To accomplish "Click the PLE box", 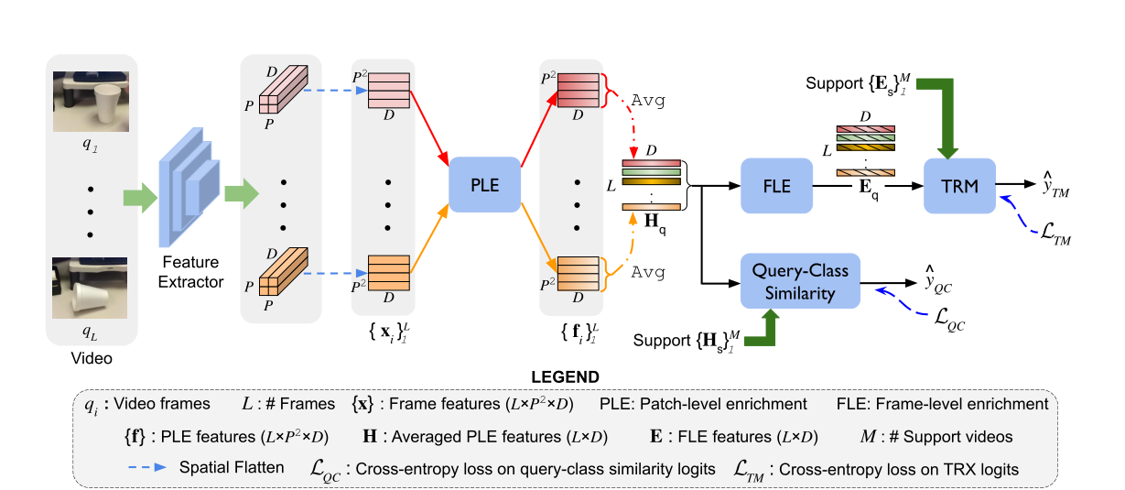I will [x=484, y=185].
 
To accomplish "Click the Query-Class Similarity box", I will [x=800, y=280].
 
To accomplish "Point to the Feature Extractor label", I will [x=190, y=272].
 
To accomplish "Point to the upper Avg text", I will [x=649, y=100].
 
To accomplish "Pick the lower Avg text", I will [x=649, y=272].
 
